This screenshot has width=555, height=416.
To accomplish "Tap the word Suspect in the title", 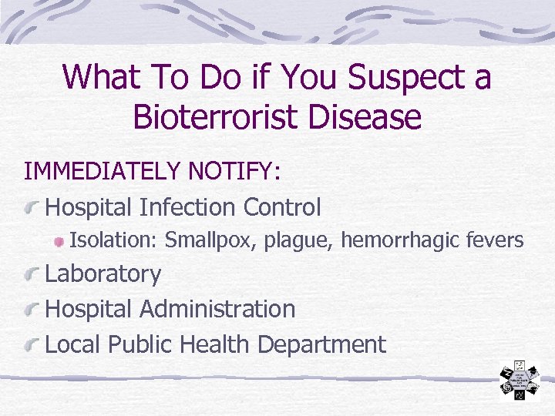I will [x=388, y=77].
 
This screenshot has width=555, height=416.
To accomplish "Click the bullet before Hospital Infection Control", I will [x=32, y=208].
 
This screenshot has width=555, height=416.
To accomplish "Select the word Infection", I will [x=188, y=207].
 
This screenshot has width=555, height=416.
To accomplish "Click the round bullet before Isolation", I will [x=59, y=242].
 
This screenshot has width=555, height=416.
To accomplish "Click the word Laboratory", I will [x=103, y=274].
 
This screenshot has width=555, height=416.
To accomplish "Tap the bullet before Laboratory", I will [x=32, y=275].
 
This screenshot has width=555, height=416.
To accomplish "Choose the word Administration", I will [x=217, y=309].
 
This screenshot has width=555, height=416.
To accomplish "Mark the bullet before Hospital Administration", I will [x=32, y=310].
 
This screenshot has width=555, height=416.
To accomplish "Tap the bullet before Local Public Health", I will [x=32, y=346].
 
